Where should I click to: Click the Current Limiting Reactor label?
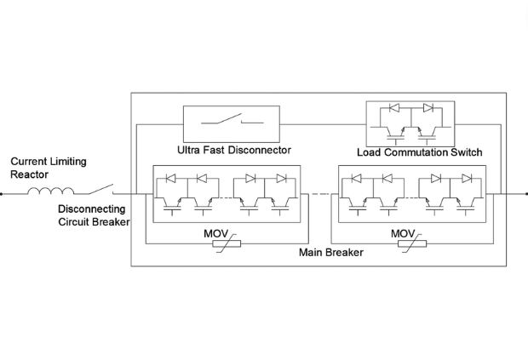48,168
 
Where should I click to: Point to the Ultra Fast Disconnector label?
234,151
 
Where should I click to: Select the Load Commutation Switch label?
420,152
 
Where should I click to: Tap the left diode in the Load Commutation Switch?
393,109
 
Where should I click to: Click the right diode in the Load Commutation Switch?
428,109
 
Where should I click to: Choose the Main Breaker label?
331,253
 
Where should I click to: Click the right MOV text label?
403,232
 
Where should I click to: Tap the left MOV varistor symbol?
225,244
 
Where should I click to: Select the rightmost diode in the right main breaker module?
466,179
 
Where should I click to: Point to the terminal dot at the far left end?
2,194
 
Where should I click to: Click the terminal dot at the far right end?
525,194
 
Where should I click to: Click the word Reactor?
29,174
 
